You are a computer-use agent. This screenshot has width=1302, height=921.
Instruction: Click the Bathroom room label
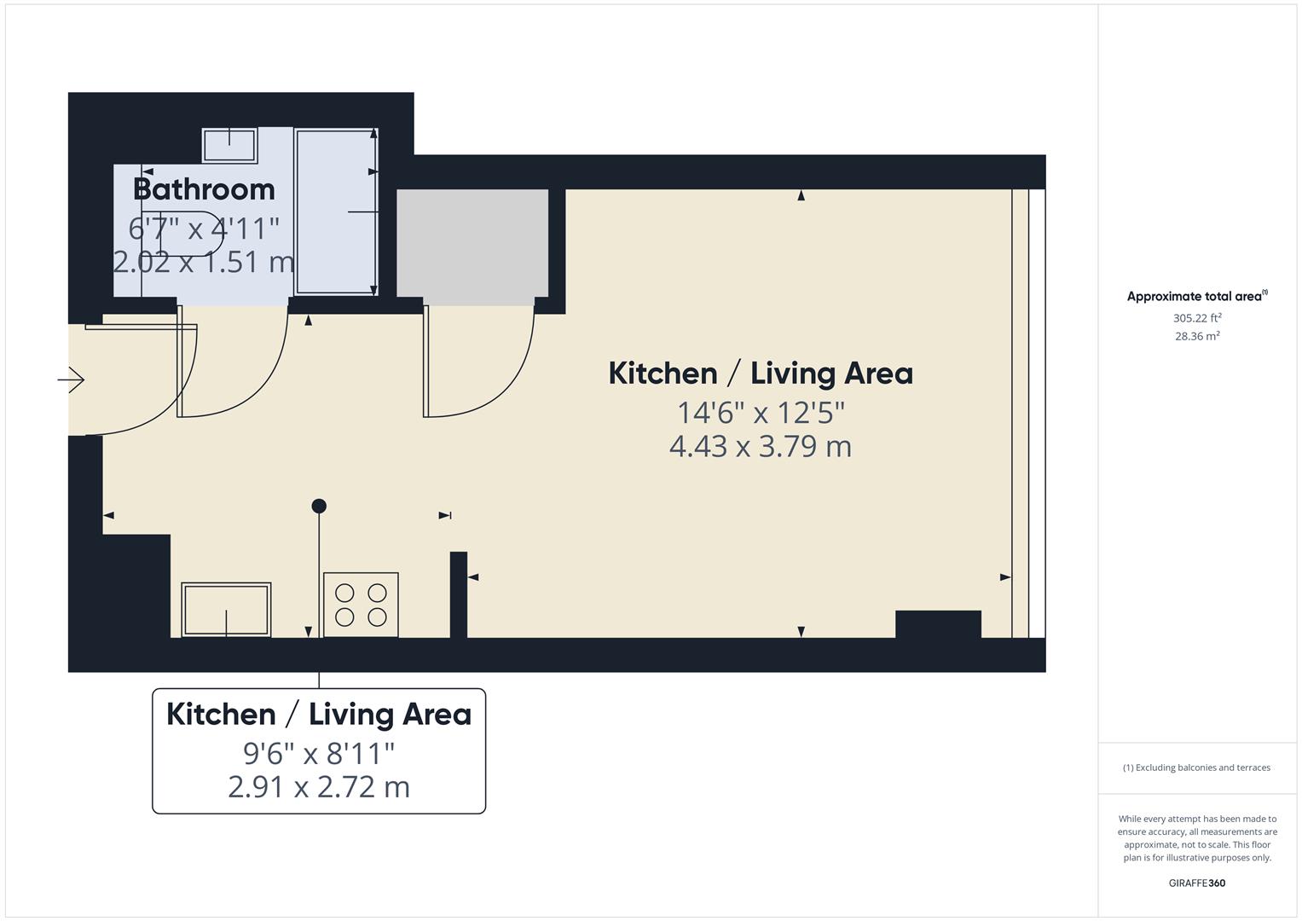click(204, 188)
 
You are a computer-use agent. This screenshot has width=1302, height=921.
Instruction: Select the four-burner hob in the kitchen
click(361, 605)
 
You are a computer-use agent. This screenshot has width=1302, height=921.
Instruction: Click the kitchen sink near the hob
click(226, 610)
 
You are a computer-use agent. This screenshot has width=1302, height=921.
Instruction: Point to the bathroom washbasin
click(229, 145)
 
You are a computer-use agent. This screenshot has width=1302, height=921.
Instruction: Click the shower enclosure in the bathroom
click(336, 211)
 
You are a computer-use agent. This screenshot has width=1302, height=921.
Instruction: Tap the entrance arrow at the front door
click(72, 379)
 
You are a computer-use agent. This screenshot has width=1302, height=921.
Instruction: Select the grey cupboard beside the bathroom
click(472, 247)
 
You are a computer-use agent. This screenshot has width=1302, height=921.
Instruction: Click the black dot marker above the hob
click(319, 506)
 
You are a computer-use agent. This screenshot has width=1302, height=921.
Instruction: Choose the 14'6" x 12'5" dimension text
click(761, 413)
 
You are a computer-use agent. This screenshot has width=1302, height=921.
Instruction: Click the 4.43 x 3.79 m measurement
click(761, 446)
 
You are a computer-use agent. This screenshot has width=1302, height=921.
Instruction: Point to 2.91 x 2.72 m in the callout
click(319, 786)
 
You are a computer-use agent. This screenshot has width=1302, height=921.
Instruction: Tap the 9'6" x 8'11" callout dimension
click(319, 753)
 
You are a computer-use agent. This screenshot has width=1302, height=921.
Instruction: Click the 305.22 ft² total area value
click(1197, 318)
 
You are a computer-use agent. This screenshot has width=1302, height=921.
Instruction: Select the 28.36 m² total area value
click(1197, 336)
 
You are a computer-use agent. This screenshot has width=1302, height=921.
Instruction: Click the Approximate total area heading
click(1196, 297)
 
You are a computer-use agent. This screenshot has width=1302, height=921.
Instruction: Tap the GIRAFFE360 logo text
click(1196, 883)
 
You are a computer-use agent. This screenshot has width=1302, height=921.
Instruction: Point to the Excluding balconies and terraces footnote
click(1196, 767)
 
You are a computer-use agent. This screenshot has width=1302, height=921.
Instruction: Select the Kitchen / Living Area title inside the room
click(761, 374)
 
